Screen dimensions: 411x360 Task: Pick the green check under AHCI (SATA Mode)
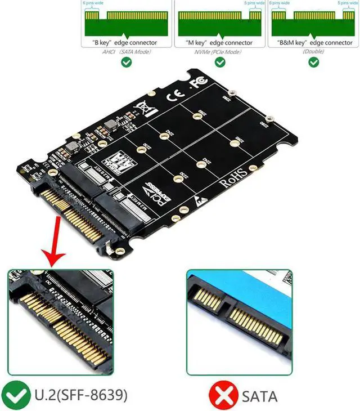127,62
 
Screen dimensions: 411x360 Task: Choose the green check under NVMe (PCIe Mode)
220,62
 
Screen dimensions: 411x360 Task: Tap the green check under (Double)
313,62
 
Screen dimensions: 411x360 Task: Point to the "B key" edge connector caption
125,42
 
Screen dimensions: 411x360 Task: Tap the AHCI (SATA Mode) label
125,51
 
